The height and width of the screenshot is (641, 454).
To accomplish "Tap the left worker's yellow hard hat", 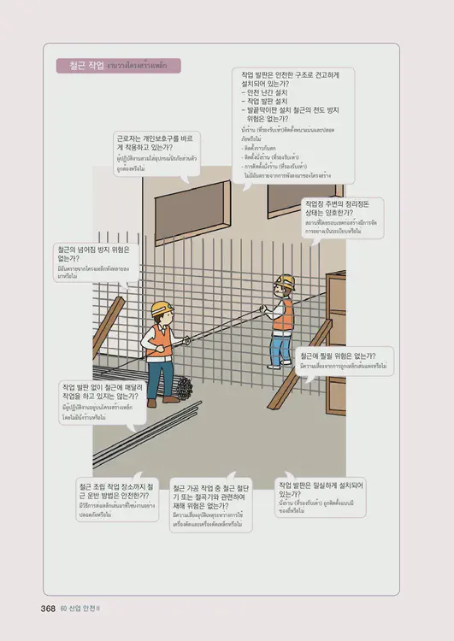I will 162,308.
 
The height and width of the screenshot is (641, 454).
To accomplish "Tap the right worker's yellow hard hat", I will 285,281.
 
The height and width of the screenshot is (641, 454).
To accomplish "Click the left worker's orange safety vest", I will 158,340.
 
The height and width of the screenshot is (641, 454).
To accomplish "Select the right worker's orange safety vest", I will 282,315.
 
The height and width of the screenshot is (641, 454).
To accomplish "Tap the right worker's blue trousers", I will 280,349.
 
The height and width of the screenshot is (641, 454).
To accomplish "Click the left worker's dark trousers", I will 158,376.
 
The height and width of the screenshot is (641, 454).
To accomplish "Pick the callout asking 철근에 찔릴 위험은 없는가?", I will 343,360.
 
